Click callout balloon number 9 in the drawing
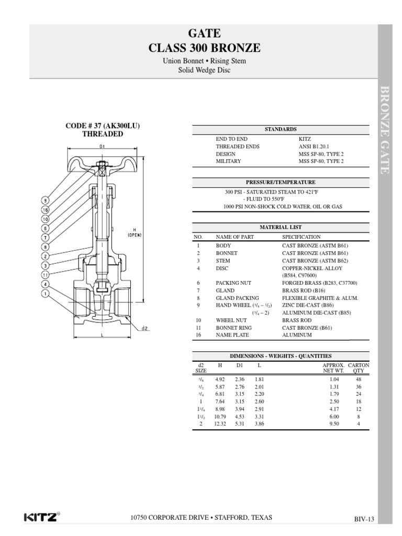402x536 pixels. pyautogui.click(x=46, y=200)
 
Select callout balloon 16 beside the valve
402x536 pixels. pyautogui.click(x=46, y=209)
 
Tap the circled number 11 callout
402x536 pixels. pyautogui.click(x=46, y=274)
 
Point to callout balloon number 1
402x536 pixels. pyautogui.click(x=46, y=294)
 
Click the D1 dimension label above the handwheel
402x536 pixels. pyautogui.click(x=102, y=146)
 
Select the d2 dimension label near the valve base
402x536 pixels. pyautogui.click(x=144, y=329)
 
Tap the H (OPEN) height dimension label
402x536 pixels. pyautogui.click(x=135, y=233)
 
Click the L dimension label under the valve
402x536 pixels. pyautogui.click(x=102, y=334)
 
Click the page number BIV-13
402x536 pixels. pyautogui.click(x=364, y=519)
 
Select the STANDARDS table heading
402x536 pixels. pyautogui.click(x=281, y=129)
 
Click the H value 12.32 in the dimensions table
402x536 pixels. pyautogui.click(x=220, y=423)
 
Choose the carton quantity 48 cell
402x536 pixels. pyautogui.click(x=359, y=379)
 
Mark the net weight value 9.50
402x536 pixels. pyautogui.click(x=334, y=423)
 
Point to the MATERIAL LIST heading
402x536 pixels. pyautogui.click(x=281, y=227)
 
